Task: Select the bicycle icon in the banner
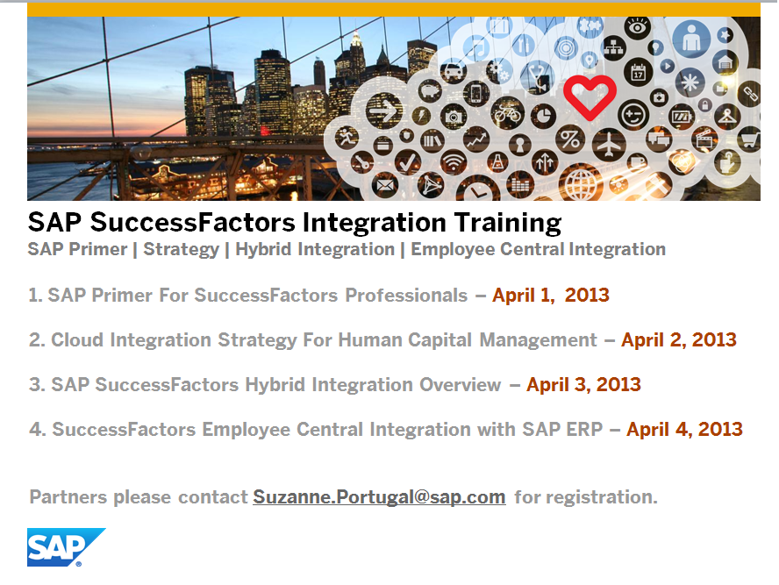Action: [507, 112]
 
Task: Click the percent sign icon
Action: [570, 139]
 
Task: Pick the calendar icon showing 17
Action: [639, 73]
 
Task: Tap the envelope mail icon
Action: [385, 186]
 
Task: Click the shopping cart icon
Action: [748, 139]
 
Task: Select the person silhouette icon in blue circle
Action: [692, 39]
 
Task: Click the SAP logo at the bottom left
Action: [65, 546]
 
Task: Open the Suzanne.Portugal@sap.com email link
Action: [379, 497]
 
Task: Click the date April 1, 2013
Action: [550, 295]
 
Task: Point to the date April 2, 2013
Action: [678, 339]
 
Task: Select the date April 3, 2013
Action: [583, 384]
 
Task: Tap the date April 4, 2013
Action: [684, 430]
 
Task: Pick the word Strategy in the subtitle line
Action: [181, 249]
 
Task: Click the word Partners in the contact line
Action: [66, 497]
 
